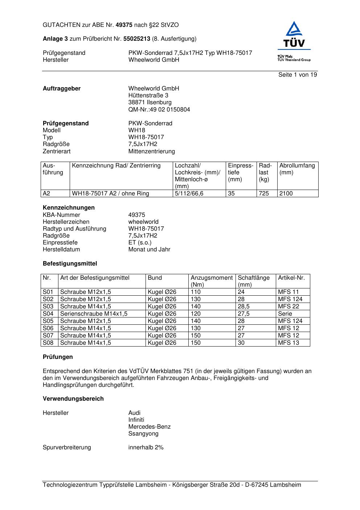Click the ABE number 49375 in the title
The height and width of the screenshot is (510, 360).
tap(124, 25)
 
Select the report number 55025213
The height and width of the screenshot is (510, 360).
tap(137, 39)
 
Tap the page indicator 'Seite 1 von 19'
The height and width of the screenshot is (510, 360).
tap(298, 75)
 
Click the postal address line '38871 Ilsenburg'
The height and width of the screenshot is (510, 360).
tap(150, 102)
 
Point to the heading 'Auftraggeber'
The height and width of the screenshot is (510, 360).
tap(62, 89)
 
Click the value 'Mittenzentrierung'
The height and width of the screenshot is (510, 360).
tap(151, 151)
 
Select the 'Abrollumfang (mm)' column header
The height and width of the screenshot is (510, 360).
tap(297, 169)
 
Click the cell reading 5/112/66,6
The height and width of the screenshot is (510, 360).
tap(189, 194)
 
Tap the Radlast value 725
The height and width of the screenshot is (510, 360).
tap(264, 194)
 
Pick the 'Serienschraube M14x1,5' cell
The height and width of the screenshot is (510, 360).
tap(94, 314)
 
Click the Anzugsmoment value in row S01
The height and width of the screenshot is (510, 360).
tap(196, 292)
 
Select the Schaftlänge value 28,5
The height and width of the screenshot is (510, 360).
tap(244, 307)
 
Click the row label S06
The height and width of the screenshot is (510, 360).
tap(48, 328)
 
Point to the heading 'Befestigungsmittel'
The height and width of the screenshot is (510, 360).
tap(70, 264)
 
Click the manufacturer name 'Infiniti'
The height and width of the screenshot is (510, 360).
tap(136, 420)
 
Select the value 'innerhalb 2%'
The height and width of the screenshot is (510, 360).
tap(146, 448)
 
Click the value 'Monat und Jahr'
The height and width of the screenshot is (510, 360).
tap(149, 250)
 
